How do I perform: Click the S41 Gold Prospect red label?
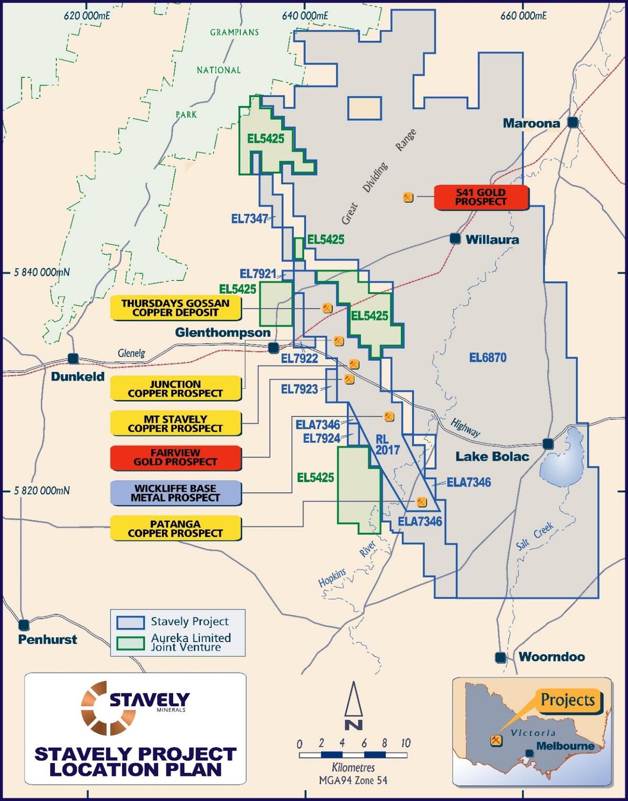pos(481,197)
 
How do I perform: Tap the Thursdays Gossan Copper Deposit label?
pos(175,308)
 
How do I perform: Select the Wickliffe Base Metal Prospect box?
pos(175,493)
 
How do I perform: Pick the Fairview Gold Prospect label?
pos(175,457)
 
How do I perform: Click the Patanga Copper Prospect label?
pos(175,529)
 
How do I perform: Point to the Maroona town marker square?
pos(573,122)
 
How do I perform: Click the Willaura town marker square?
pos(455,238)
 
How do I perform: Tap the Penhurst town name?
pos(48,639)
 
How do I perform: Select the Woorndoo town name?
pos(552,657)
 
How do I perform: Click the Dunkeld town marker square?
pos(73,358)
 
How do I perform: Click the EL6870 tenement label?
pos(488,358)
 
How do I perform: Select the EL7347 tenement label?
pos(250,219)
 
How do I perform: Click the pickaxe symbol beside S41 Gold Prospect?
pos(408,197)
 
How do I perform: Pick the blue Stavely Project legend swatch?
pos(131,622)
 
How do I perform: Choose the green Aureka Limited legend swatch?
pos(131,643)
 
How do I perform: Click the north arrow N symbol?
pos(354,706)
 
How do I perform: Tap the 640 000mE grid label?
pos(305,16)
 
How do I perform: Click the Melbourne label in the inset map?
pos(565,746)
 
